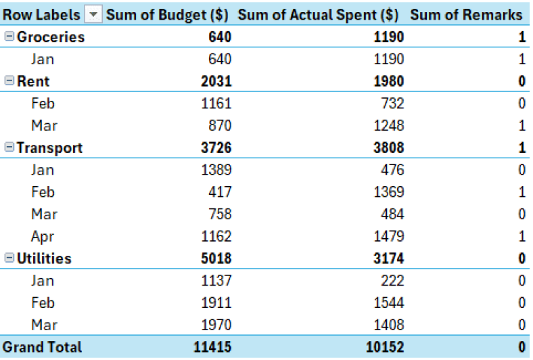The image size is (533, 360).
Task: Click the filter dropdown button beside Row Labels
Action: (x=93, y=15)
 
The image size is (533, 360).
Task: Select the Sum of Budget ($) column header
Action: (x=167, y=15)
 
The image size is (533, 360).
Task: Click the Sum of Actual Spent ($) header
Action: (x=318, y=15)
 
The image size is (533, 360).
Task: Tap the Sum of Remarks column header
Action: (x=467, y=15)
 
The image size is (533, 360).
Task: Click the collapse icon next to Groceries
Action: (x=9, y=37)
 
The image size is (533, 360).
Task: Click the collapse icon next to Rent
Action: (x=9, y=81)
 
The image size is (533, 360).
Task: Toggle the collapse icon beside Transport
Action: (x=9, y=148)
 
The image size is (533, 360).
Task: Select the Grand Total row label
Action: (x=42, y=347)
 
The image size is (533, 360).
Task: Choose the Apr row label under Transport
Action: (x=42, y=237)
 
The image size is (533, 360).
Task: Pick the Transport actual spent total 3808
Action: (x=388, y=148)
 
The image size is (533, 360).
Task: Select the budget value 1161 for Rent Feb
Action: (x=216, y=104)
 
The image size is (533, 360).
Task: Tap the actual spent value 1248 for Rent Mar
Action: (x=388, y=126)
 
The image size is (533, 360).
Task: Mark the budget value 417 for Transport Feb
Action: (x=219, y=192)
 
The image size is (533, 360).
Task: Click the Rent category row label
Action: (x=33, y=81)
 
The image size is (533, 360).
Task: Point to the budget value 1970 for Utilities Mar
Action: (x=216, y=325)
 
